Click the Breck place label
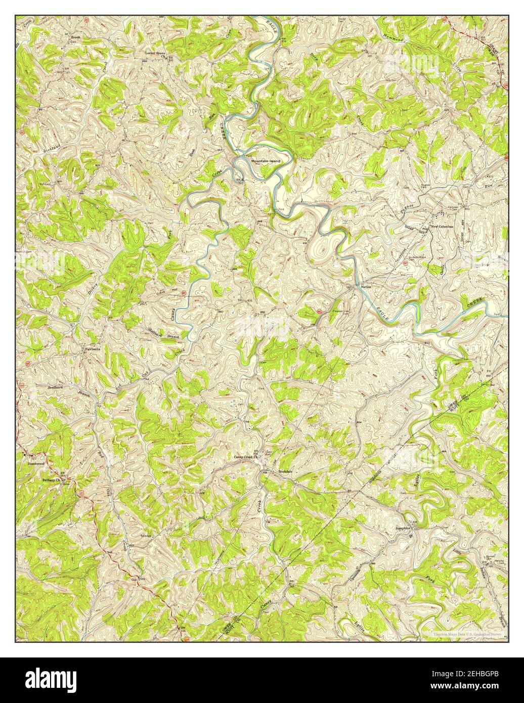coord(75,37)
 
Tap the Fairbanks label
coord(92,348)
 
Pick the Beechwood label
coord(37,462)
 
